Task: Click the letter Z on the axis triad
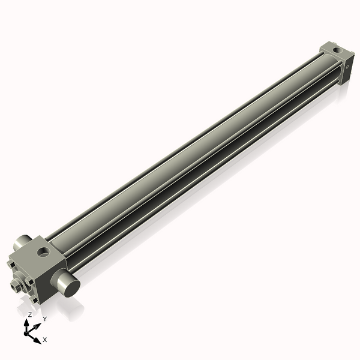[x=29, y=314]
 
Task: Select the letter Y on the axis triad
[x=44, y=319]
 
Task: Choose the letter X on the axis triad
[x=45, y=340]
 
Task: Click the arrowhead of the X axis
[x=38, y=340]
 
